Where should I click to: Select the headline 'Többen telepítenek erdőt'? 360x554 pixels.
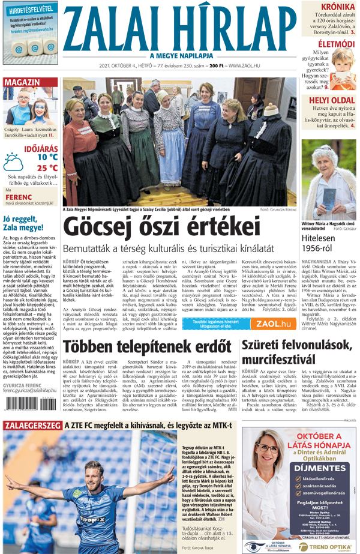147,347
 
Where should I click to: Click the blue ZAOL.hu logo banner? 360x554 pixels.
273,324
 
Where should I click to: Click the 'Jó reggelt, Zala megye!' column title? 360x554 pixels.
27,223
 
